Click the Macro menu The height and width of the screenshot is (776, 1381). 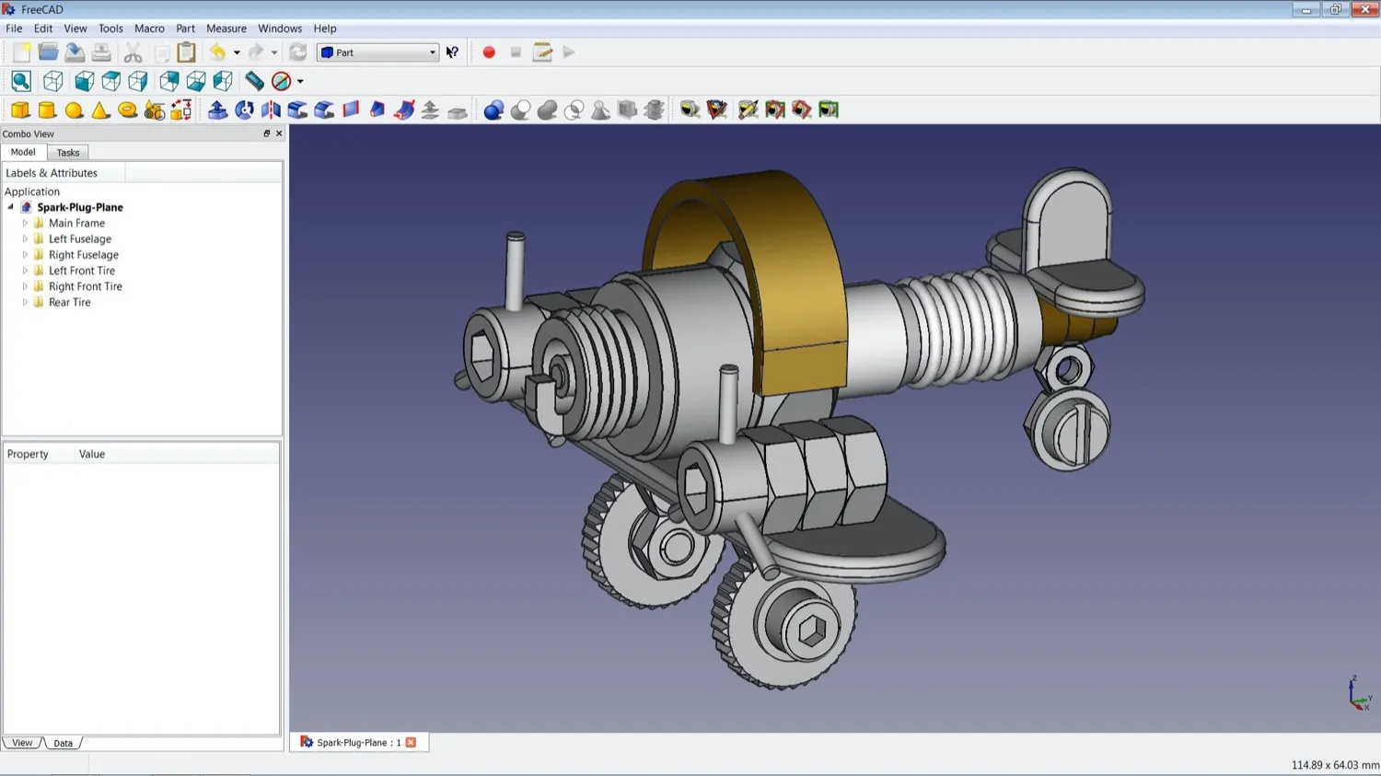149,29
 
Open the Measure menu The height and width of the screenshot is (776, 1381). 226,29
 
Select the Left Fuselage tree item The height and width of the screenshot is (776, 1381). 79,239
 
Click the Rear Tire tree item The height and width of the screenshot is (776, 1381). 69,302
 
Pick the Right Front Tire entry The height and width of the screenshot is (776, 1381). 85,286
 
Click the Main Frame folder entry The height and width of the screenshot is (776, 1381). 76,224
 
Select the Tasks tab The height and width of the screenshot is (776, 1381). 68,153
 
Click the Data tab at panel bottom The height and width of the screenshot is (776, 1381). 63,743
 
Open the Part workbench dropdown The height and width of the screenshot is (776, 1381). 377,52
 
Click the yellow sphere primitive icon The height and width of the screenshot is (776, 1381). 74,110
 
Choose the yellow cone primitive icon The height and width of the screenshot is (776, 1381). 100,110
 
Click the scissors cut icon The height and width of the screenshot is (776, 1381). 133,52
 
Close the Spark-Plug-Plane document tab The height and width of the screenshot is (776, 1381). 411,742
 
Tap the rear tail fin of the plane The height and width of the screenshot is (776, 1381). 1068,216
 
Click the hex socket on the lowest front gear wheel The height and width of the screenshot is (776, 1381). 811,631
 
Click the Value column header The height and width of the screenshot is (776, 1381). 92,454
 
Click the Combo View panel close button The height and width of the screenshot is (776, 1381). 279,133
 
